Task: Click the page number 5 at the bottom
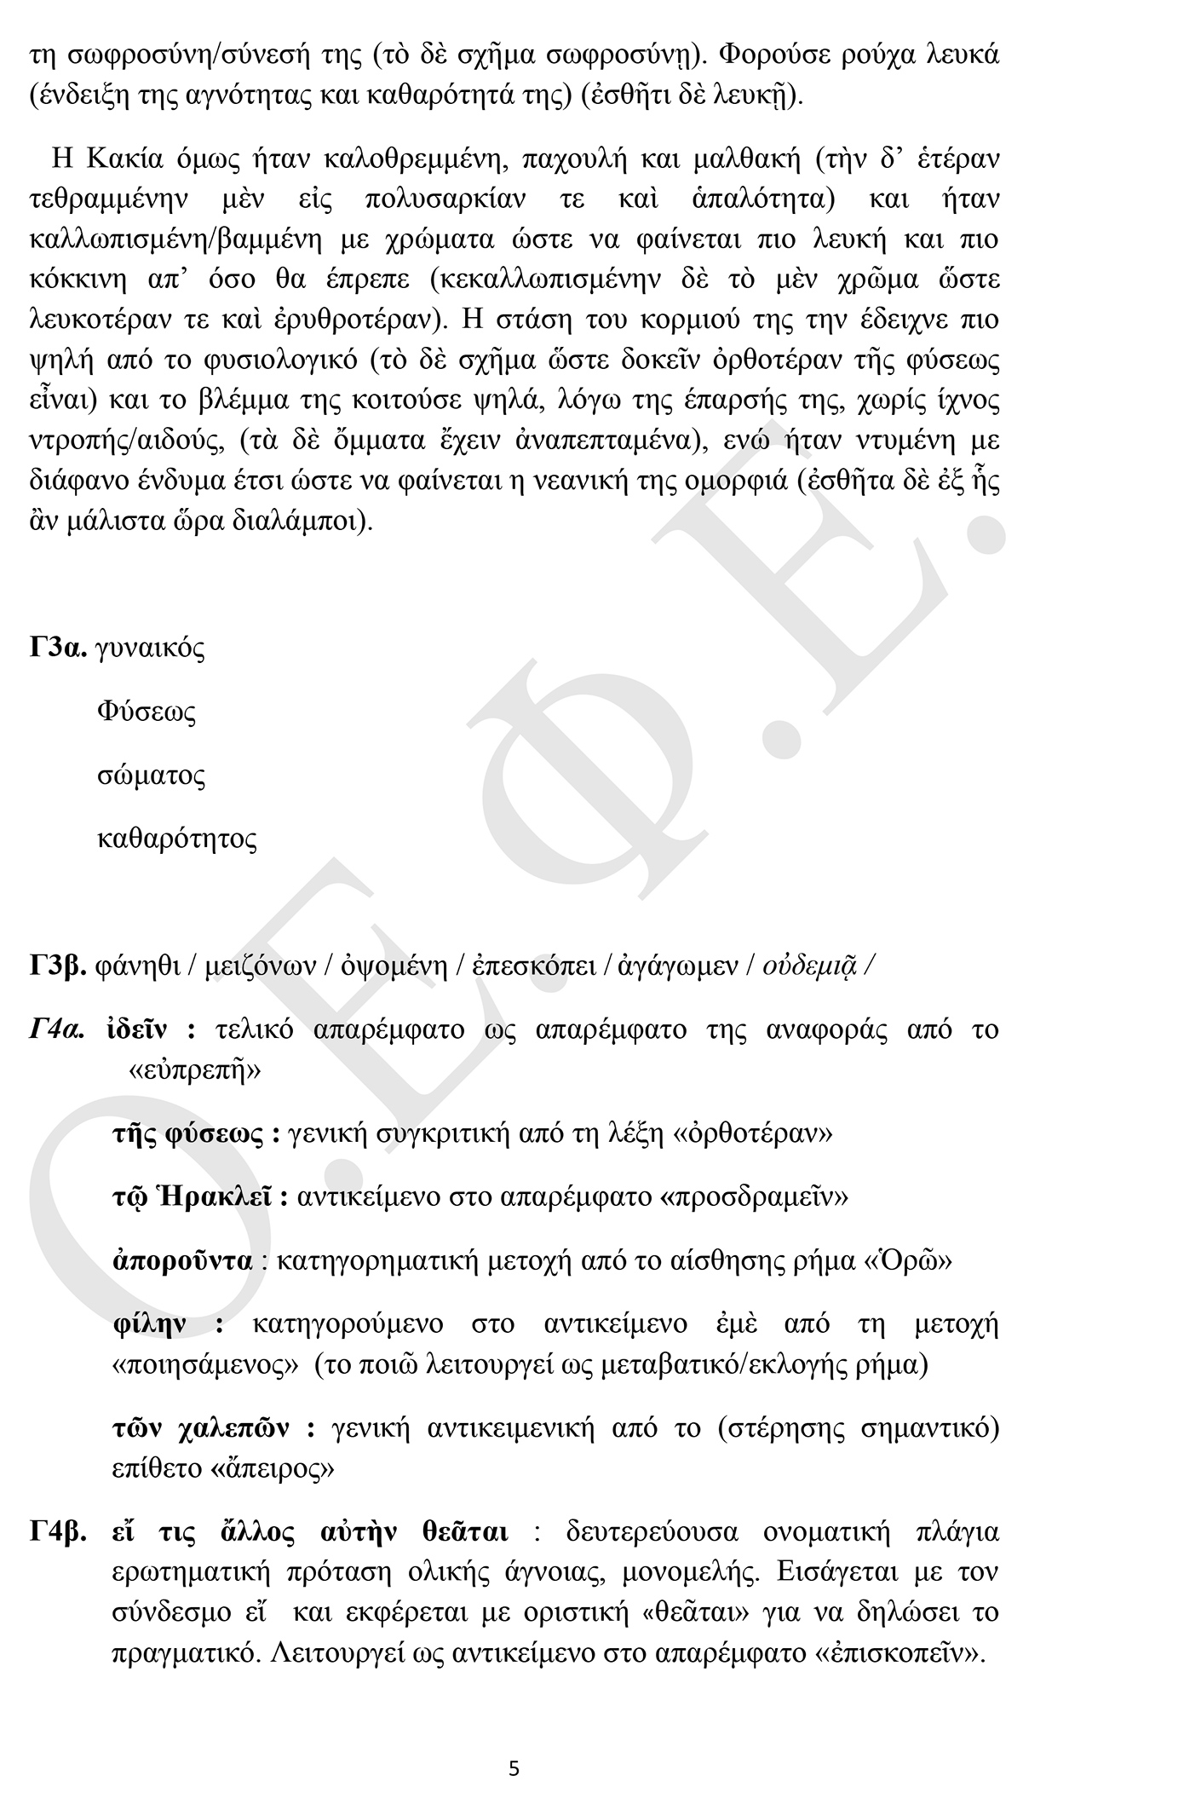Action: click(514, 1768)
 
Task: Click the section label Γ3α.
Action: click(59, 649)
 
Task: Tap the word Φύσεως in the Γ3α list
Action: click(147, 712)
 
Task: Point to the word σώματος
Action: click(151, 776)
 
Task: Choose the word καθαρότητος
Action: click(177, 839)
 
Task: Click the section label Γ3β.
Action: click(58, 966)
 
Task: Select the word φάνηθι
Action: click(136, 966)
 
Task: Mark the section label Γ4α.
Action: click(58, 1030)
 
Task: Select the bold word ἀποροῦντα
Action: click(183, 1261)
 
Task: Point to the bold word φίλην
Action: click(150, 1324)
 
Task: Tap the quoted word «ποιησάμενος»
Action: click(205, 1365)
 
